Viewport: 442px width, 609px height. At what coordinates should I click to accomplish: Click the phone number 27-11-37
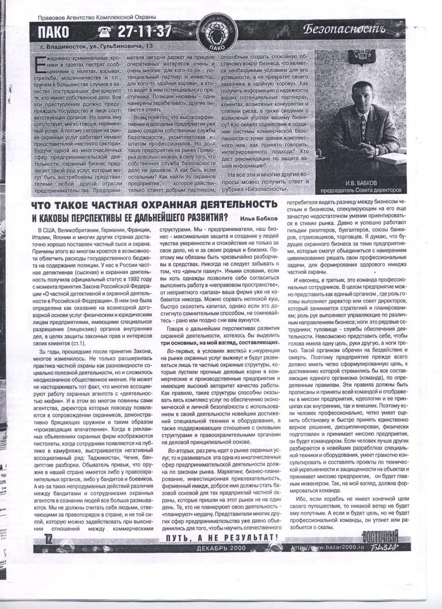pyautogui.click(x=144, y=32)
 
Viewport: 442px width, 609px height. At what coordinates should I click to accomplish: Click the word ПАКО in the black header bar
pyautogui.click(x=54, y=33)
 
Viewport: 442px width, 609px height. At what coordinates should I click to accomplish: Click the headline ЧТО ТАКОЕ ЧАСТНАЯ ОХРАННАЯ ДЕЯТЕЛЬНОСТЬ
pyautogui.click(x=154, y=203)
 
